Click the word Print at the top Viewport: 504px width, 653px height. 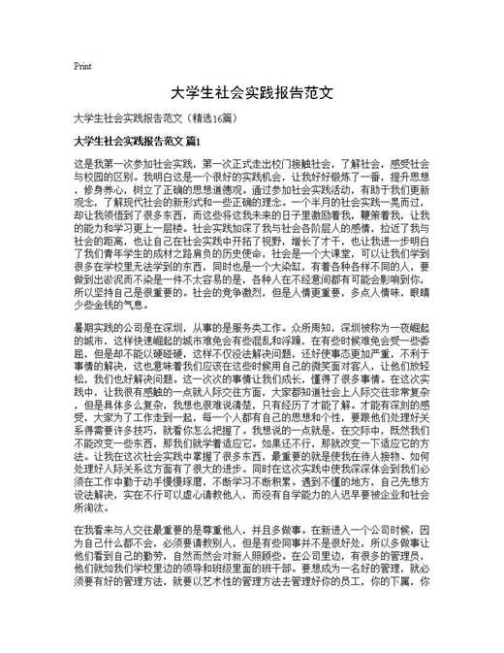[82, 66]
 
